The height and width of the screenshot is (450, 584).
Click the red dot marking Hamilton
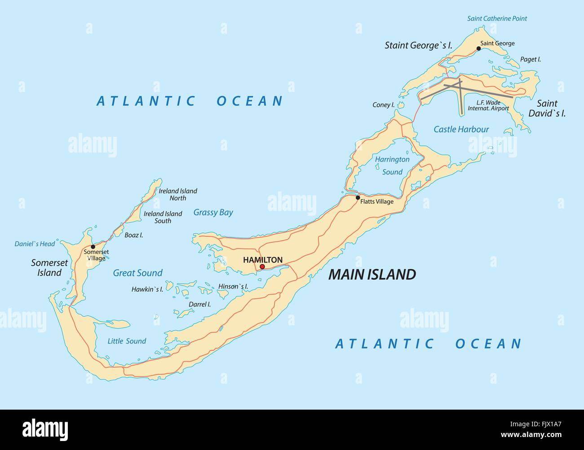coord(262,267)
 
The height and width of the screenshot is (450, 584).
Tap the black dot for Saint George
coord(479,48)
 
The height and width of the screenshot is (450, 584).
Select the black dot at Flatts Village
coord(358,197)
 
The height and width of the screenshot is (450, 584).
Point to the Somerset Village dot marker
coord(93,246)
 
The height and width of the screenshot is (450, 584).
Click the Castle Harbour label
coord(461,129)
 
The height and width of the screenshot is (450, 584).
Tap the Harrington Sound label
coord(392,165)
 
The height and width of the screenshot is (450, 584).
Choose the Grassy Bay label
coord(213,212)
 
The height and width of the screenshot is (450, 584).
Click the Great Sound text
coord(137,273)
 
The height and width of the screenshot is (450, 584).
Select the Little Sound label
coord(127,341)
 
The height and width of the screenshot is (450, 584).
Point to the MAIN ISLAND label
coord(372,274)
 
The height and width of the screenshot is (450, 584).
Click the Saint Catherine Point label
coord(497,18)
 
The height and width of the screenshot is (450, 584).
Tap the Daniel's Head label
coord(35,244)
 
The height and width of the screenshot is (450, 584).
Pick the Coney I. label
coord(383,105)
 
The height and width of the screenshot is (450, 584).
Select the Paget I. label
coord(530,59)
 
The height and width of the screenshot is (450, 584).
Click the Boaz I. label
coord(134,235)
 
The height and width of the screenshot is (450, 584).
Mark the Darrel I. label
coord(199,304)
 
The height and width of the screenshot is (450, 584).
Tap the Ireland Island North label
coord(178,194)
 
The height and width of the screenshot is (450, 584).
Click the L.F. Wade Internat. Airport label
coord(488,105)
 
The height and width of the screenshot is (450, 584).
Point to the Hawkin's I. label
coord(147,289)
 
